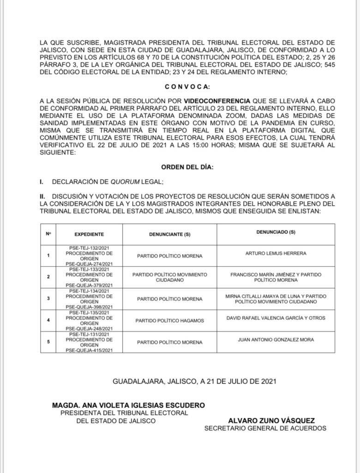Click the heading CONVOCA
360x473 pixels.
(187, 87)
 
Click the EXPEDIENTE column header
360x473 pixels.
(89, 234)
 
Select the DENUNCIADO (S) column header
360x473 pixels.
(276, 232)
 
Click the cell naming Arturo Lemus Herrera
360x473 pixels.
(276, 253)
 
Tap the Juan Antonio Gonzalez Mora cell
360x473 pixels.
(276, 340)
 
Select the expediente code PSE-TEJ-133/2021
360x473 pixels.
(89, 269)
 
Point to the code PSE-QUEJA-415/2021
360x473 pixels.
(89, 350)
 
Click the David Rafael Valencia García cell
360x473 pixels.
(276, 318)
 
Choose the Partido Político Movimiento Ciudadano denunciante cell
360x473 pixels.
(170, 277)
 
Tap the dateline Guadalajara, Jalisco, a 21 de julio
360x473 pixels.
(194, 381)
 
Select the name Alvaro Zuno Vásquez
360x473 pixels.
(271, 420)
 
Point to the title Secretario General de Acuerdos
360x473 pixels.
(265, 428)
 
